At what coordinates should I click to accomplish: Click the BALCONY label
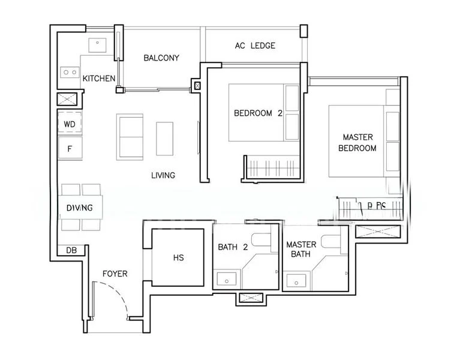tap(161, 58)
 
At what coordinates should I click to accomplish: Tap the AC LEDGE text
tap(255, 46)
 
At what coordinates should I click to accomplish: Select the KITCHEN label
tap(99, 79)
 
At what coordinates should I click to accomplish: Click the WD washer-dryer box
tap(70, 124)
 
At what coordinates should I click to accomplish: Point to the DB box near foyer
tap(71, 250)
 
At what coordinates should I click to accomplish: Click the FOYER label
tap(115, 274)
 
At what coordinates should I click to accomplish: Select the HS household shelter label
tap(178, 258)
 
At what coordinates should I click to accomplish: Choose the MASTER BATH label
tap(301, 250)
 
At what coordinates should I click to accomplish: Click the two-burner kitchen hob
tap(70, 72)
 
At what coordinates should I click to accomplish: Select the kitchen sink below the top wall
tap(97, 45)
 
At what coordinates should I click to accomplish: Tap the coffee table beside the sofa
tap(165, 138)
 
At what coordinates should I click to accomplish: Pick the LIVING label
tap(163, 175)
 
